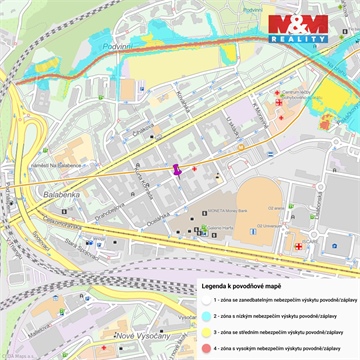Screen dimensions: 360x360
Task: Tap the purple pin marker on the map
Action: coord(178,170)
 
